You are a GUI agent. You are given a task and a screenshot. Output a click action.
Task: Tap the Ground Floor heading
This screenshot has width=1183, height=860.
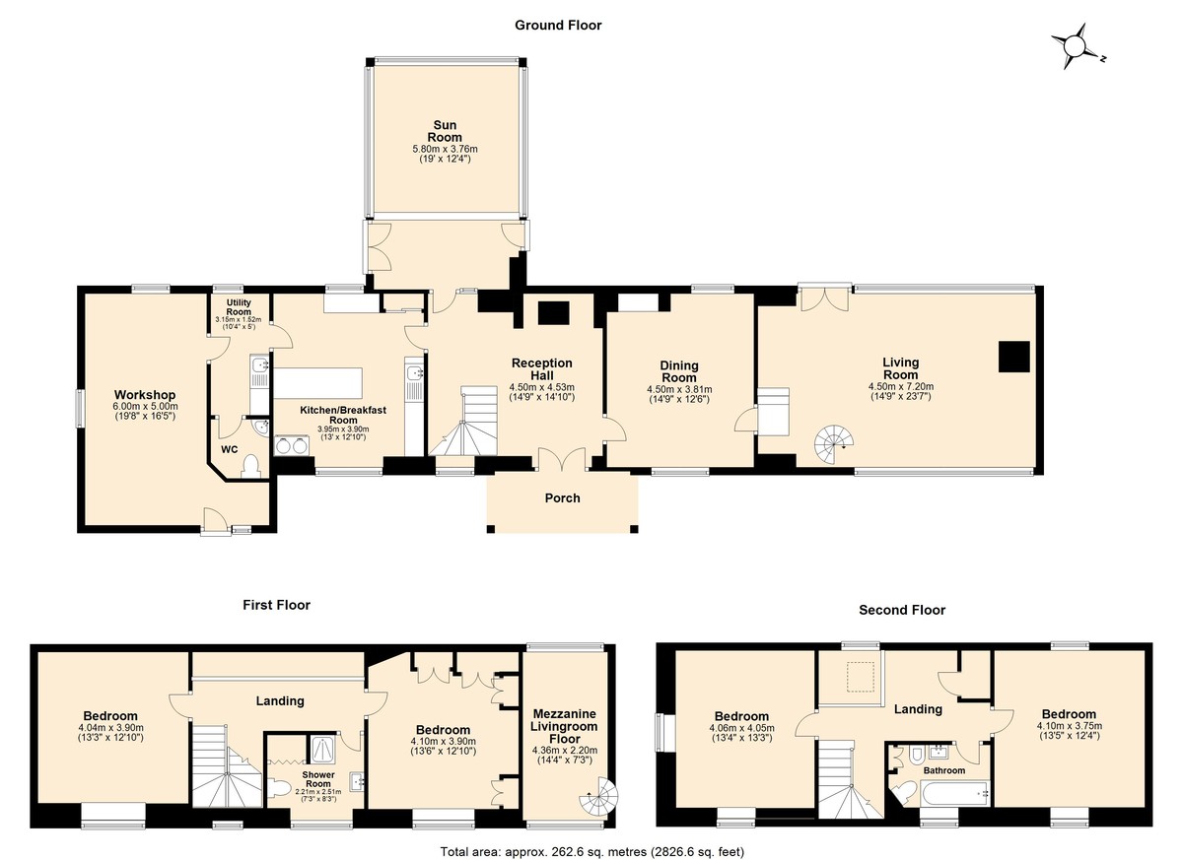[558, 26]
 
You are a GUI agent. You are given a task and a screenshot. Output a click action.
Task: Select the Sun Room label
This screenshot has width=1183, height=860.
[445, 131]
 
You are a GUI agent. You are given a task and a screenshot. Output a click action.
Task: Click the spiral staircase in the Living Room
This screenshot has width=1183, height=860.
[834, 444]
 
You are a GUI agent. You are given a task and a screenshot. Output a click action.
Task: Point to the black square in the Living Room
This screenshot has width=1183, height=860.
[1014, 357]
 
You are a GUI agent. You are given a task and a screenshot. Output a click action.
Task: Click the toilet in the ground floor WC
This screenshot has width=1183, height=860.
[249, 466]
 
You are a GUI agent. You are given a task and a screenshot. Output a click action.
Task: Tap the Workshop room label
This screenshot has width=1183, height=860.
[145, 395]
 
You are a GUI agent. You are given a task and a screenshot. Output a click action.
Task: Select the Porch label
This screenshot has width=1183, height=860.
[563, 498]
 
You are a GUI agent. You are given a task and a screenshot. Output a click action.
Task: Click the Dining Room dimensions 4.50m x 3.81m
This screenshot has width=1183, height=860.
[679, 389]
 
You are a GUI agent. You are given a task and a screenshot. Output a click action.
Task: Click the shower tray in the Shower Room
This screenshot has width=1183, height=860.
[322, 750]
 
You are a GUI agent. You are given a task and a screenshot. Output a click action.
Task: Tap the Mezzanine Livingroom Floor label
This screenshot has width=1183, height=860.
[565, 726]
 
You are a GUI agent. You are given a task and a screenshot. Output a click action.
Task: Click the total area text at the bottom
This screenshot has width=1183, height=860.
[592, 851]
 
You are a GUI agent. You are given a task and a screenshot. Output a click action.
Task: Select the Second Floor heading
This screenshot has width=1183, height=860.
[902, 610]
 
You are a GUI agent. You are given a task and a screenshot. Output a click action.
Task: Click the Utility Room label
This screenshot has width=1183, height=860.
[239, 307]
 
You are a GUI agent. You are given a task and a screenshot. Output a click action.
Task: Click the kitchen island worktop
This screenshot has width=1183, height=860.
[317, 383]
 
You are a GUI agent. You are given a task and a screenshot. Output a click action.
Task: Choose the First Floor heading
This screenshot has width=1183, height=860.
[276, 605]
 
